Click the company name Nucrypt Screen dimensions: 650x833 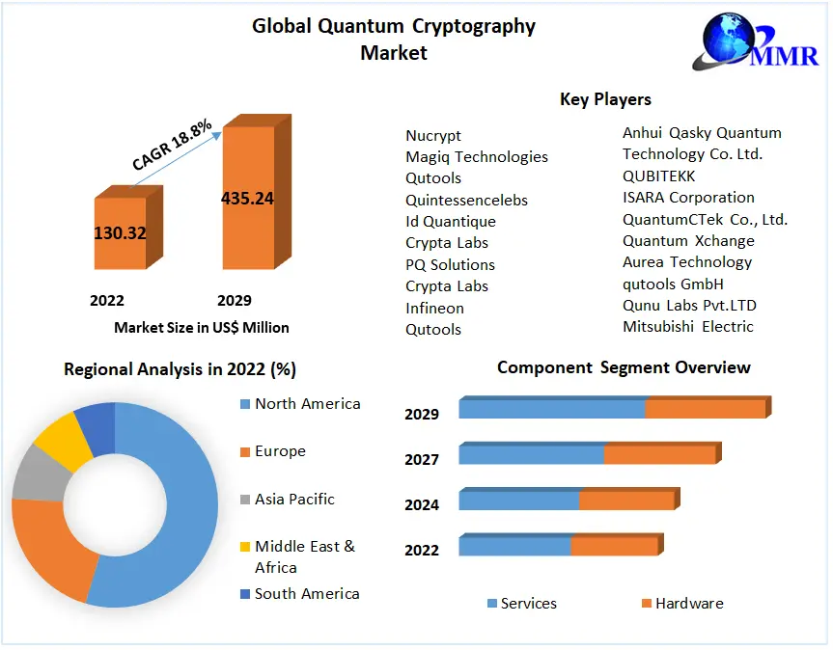click(x=433, y=136)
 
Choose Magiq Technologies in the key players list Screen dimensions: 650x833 click(x=477, y=157)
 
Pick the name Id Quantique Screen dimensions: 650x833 click(x=451, y=222)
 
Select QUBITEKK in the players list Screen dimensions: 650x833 click(x=658, y=176)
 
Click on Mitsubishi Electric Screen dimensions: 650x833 click(x=687, y=326)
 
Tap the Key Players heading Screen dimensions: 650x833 click(x=605, y=99)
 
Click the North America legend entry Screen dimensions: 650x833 click(x=307, y=404)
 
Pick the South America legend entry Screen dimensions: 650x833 click(x=306, y=594)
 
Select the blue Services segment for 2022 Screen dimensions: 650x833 click(x=514, y=546)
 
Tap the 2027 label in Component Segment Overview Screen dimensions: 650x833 click(x=422, y=460)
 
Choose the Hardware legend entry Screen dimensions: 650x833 click(x=688, y=604)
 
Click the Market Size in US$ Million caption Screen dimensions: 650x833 click(x=202, y=328)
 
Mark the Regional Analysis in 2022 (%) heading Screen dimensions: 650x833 click(x=180, y=369)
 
